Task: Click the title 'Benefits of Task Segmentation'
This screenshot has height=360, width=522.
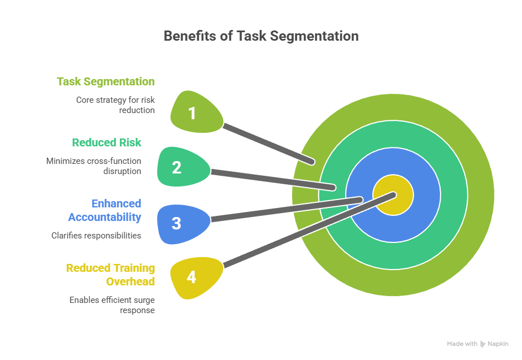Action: tap(261, 36)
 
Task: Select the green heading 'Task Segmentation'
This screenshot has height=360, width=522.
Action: tap(106, 81)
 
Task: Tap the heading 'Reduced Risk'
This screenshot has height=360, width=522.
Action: tap(106, 142)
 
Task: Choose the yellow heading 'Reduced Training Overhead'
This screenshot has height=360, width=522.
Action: tap(110, 275)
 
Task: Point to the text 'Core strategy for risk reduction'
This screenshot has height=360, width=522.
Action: tap(115, 105)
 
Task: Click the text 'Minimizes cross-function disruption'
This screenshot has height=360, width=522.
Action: tap(94, 166)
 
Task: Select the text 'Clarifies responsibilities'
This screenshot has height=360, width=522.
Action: tap(96, 235)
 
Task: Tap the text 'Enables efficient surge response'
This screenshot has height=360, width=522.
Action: tap(112, 305)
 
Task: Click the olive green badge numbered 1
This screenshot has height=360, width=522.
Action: tap(193, 113)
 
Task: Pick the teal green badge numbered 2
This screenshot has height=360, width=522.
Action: tap(177, 167)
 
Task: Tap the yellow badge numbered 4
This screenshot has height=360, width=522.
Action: tap(193, 277)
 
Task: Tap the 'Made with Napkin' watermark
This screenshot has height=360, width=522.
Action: tap(477, 344)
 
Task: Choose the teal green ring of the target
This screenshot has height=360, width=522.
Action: tap(452, 196)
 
